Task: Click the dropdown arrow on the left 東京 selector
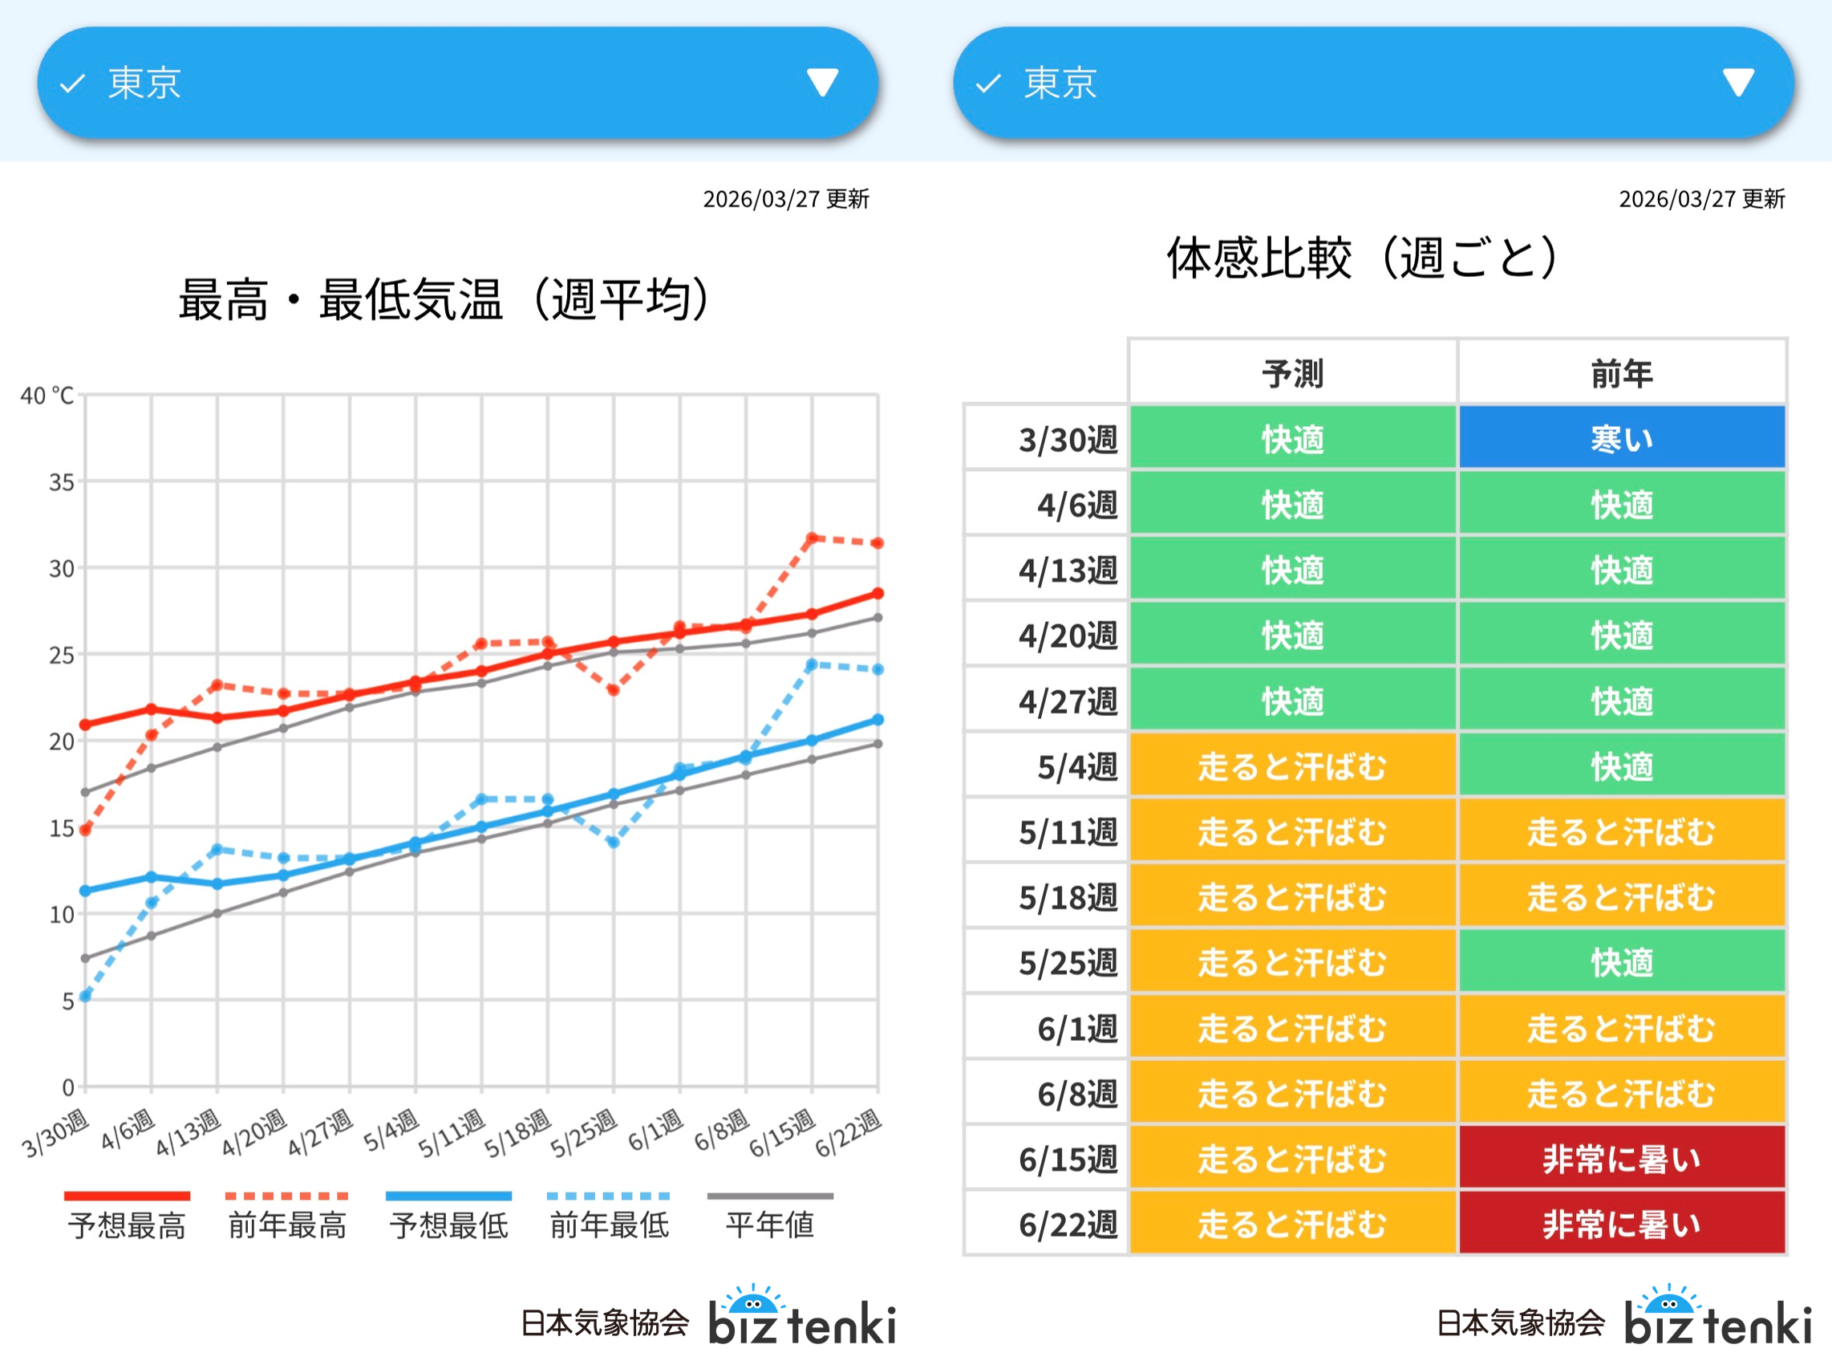pyautogui.click(x=822, y=83)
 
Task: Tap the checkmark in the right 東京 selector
pyautogui.click(x=988, y=83)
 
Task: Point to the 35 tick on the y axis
pyautogui.click(x=61, y=481)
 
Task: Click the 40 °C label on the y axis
pyautogui.click(x=47, y=396)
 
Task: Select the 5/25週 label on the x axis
pyautogui.click(x=584, y=1134)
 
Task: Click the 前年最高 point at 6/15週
pyautogui.click(x=812, y=538)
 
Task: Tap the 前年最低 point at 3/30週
pyautogui.click(x=85, y=996)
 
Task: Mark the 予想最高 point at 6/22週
pyautogui.click(x=878, y=593)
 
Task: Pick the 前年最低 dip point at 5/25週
pyautogui.click(x=614, y=842)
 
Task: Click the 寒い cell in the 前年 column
pyautogui.click(x=1621, y=438)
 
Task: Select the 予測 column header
pyautogui.click(x=1293, y=373)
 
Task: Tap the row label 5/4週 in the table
pyautogui.click(x=1077, y=766)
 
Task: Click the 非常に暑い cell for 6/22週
pyautogui.click(x=1621, y=1224)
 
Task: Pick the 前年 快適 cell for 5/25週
pyautogui.click(x=1621, y=962)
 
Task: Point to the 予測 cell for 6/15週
pyautogui.click(x=1293, y=1159)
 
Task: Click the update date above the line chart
pyautogui.click(x=785, y=199)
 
